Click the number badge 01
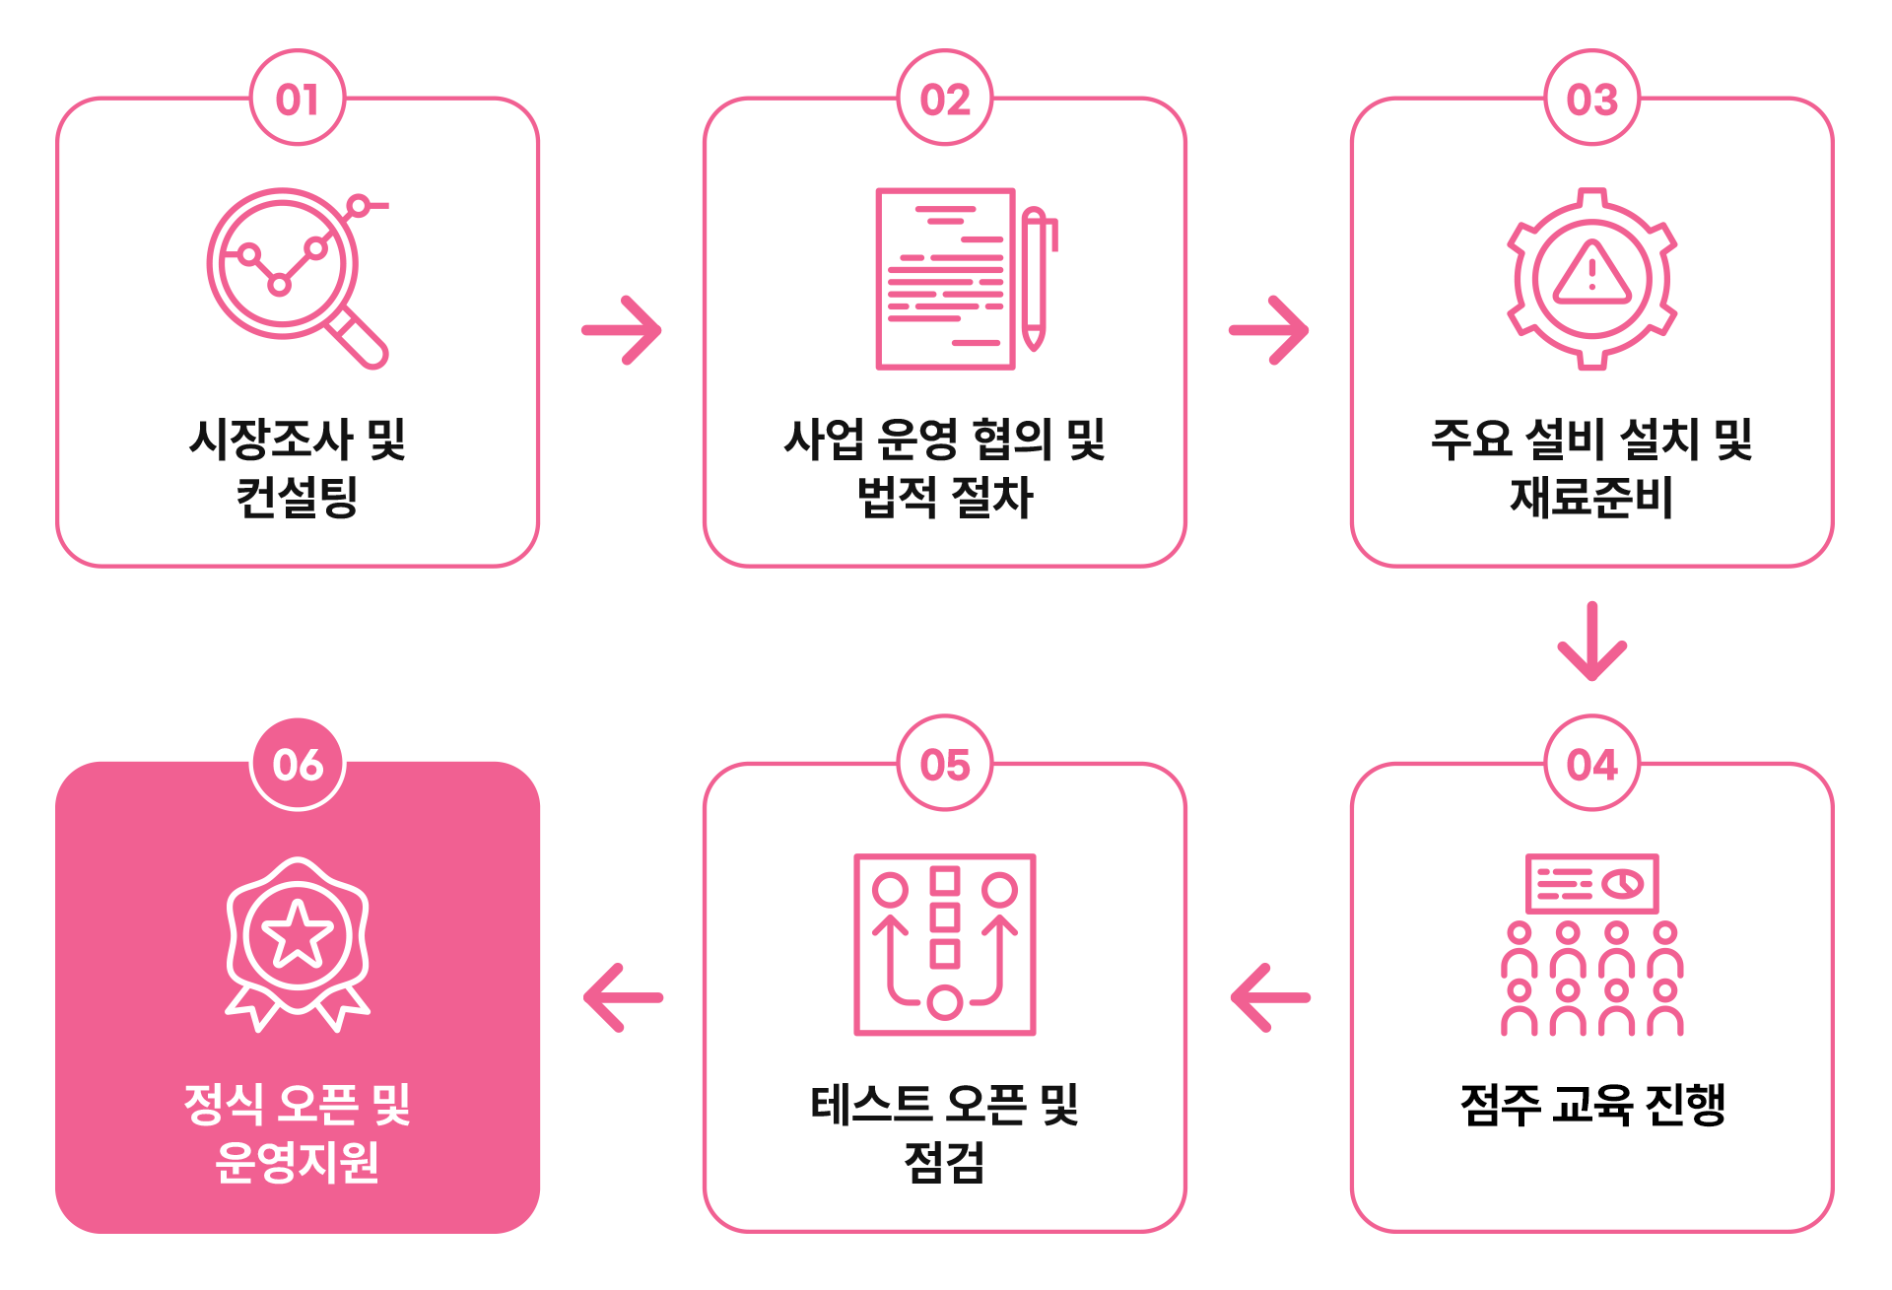(298, 99)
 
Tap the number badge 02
(945, 99)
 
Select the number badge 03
(1592, 99)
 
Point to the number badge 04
(1592, 764)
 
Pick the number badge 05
(945, 764)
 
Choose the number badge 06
(298, 764)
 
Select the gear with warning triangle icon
(1591, 279)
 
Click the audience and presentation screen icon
(1591, 944)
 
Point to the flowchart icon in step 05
(945, 944)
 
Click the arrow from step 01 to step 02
(622, 330)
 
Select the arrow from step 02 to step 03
(1269, 330)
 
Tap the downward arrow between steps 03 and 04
(1592, 641)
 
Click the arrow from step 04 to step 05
(1270, 997)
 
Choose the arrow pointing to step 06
(623, 997)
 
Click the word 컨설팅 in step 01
(297, 497)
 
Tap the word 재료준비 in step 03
(1591, 497)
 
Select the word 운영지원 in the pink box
(298, 1162)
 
